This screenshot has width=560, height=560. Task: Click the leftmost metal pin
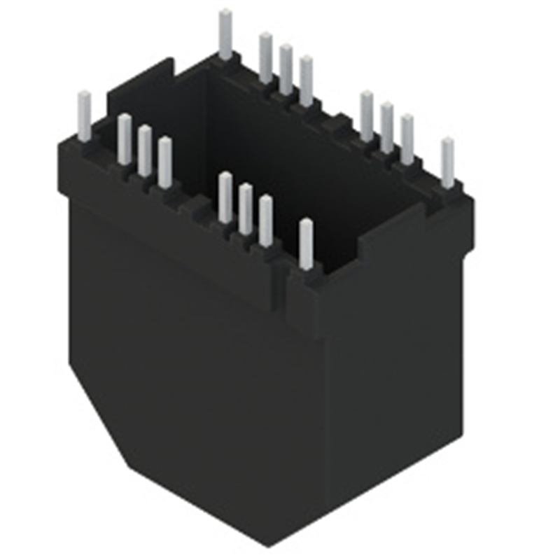tap(84, 116)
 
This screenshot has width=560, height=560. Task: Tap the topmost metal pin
tap(225, 34)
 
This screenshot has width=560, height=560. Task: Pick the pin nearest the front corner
tap(306, 244)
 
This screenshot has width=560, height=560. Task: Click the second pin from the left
tap(125, 139)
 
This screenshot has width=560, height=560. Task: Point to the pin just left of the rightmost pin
tap(407, 139)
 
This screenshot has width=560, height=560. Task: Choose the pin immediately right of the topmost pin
tap(265, 57)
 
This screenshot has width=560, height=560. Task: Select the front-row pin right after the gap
tap(225, 197)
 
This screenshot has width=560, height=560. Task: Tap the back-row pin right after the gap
tap(367, 115)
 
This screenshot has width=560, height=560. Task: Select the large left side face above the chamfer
tap(189, 336)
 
